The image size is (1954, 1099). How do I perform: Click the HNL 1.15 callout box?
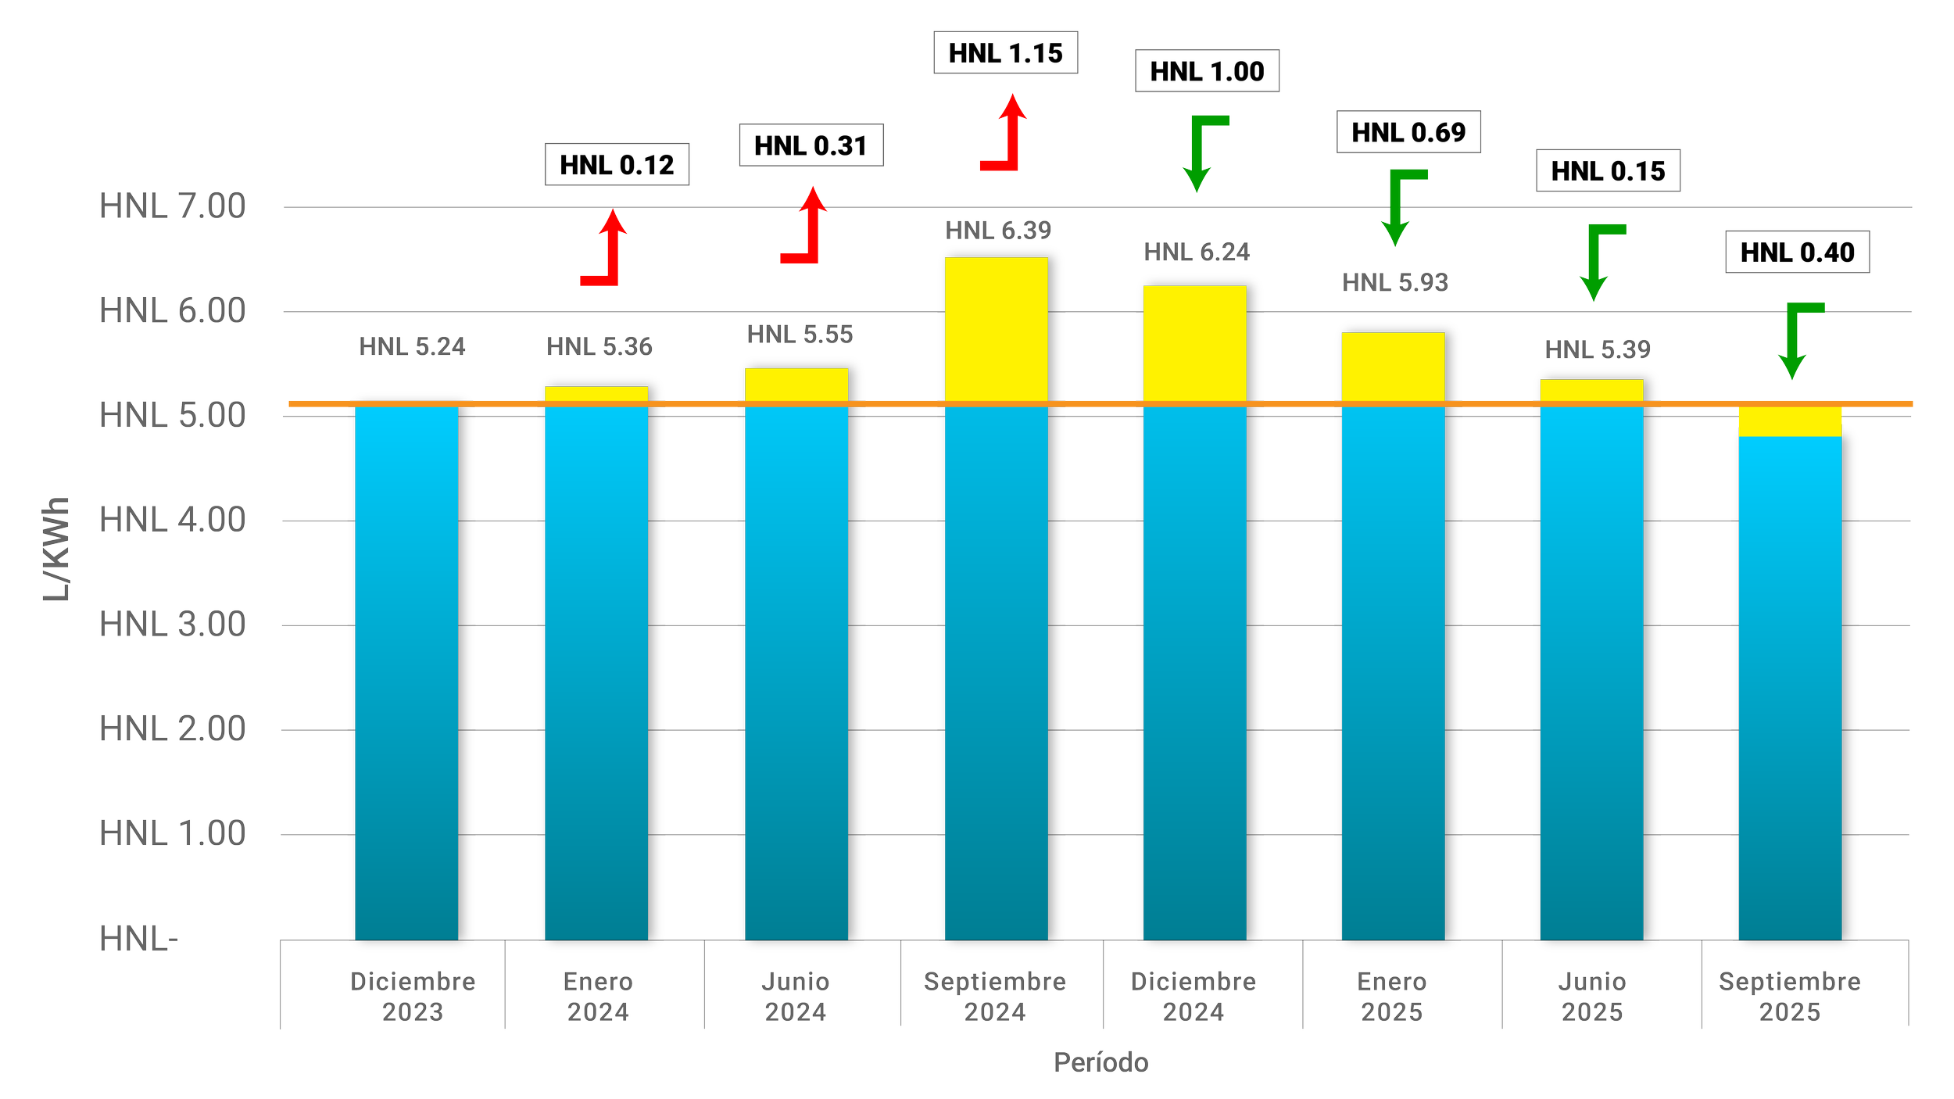tap(1005, 53)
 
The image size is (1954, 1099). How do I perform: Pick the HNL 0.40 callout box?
tap(1797, 252)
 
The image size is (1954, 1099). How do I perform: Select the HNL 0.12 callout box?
tap(617, 165)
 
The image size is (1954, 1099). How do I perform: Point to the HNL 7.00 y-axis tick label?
tap(172, 207)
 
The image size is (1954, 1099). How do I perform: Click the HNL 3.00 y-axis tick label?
tap(172, 625)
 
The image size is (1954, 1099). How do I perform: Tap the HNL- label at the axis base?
tap(138, 939)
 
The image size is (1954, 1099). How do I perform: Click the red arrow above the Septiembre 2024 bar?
tap(1007, 134)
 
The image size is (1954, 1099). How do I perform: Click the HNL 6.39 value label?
tap(998, 231)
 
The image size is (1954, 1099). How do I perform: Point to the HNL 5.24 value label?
tap(412, 346)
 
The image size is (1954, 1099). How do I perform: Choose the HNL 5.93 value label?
tap(1395, 282)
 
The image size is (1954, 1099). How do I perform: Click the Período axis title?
tap(1100, 1062)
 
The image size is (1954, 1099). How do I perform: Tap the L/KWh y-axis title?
tap(56, 549)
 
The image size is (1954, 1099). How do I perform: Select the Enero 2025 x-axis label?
tap(1392, 997)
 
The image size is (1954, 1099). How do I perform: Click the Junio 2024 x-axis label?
tap(796, 997)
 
